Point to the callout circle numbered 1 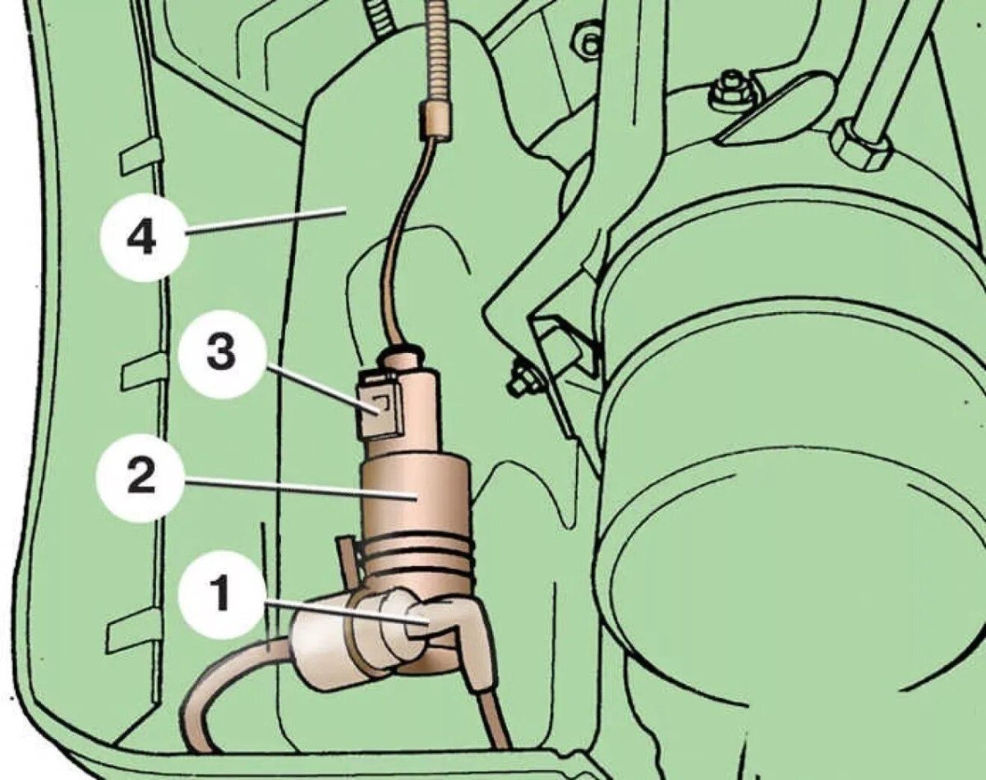(222, 595)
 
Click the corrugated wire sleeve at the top (439, 50)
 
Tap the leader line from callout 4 (265, 221)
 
